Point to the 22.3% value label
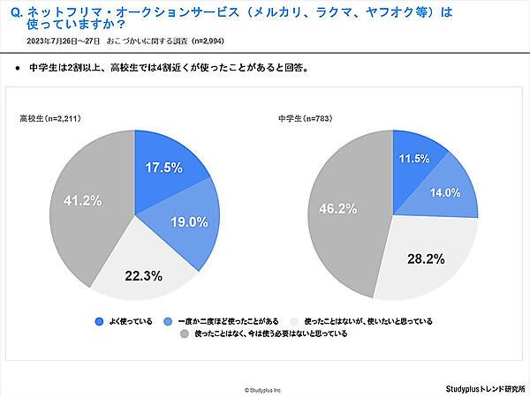pos(143,275)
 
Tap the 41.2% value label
pos(81,201)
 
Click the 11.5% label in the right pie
pos(413,159)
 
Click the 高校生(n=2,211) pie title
pos(55,117)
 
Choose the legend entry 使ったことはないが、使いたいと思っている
pos(367,321)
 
